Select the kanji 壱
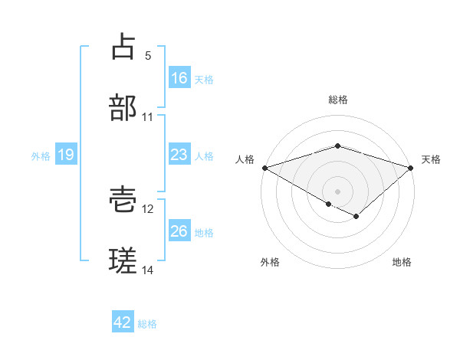[x=123, y=200]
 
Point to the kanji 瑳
[x=123, y=260]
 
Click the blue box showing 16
[x=179, y=77]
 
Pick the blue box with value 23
[x=179, y=155]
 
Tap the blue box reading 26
[x=179, y=231]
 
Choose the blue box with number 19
[x=66, y=155]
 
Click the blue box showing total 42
[x=123, y=322]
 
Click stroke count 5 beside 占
[x=148, y=56]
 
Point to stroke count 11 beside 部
[x=148, y=117]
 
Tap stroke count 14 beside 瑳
[x=148, y=270]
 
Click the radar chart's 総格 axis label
[x=337, y=100]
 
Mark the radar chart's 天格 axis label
[x=431, y=159]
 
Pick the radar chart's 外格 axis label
[x=270, y=262]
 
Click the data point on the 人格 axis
[x=264, y=167]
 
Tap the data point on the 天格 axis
[x=411, y=167]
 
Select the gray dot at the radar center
[x=337, y=191]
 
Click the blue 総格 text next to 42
[x=147, y=323]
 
